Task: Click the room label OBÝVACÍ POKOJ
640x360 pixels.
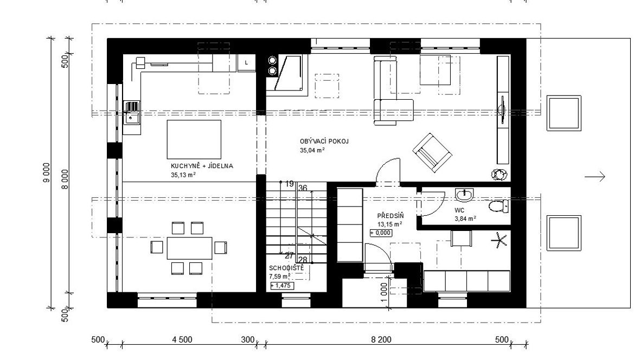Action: [x=324, y=141]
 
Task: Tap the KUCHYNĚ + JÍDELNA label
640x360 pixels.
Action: [x=202, y=166]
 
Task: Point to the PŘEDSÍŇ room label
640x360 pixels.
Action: [x=390, y=215]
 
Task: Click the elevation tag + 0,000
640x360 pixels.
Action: [x=381, y=233]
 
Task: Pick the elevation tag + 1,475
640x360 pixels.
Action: [x=281, y=286]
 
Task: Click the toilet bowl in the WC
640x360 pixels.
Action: [x=498, y=206]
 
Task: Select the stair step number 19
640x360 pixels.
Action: [x=290, y=184]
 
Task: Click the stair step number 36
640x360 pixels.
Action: [x=303, y=188]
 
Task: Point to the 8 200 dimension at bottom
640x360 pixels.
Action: [x=381, y=339]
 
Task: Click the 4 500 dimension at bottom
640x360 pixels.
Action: [x=182, y=339]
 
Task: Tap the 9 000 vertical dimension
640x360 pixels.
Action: [x=47, y=173]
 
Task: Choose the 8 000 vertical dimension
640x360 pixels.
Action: [x=65, y=179]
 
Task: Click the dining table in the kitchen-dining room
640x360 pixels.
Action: [x=189, y=248]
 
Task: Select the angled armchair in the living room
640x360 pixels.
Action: [x=432, y=152]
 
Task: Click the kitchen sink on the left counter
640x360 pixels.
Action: [x=131, y=112]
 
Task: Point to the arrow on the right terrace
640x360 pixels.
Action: [x=594, y=177]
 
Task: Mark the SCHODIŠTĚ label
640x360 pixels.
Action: [x=286, y=268]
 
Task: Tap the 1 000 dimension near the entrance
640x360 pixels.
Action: [x=383, y=293]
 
